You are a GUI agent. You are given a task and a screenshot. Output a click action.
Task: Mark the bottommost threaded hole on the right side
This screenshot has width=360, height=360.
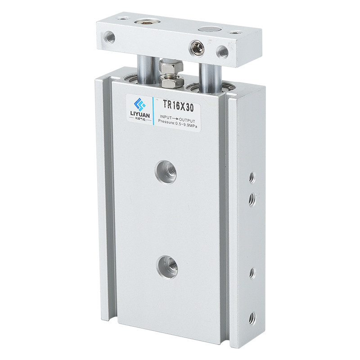point(252,318)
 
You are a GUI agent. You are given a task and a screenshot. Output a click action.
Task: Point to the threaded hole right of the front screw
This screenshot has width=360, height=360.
point(222,51)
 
